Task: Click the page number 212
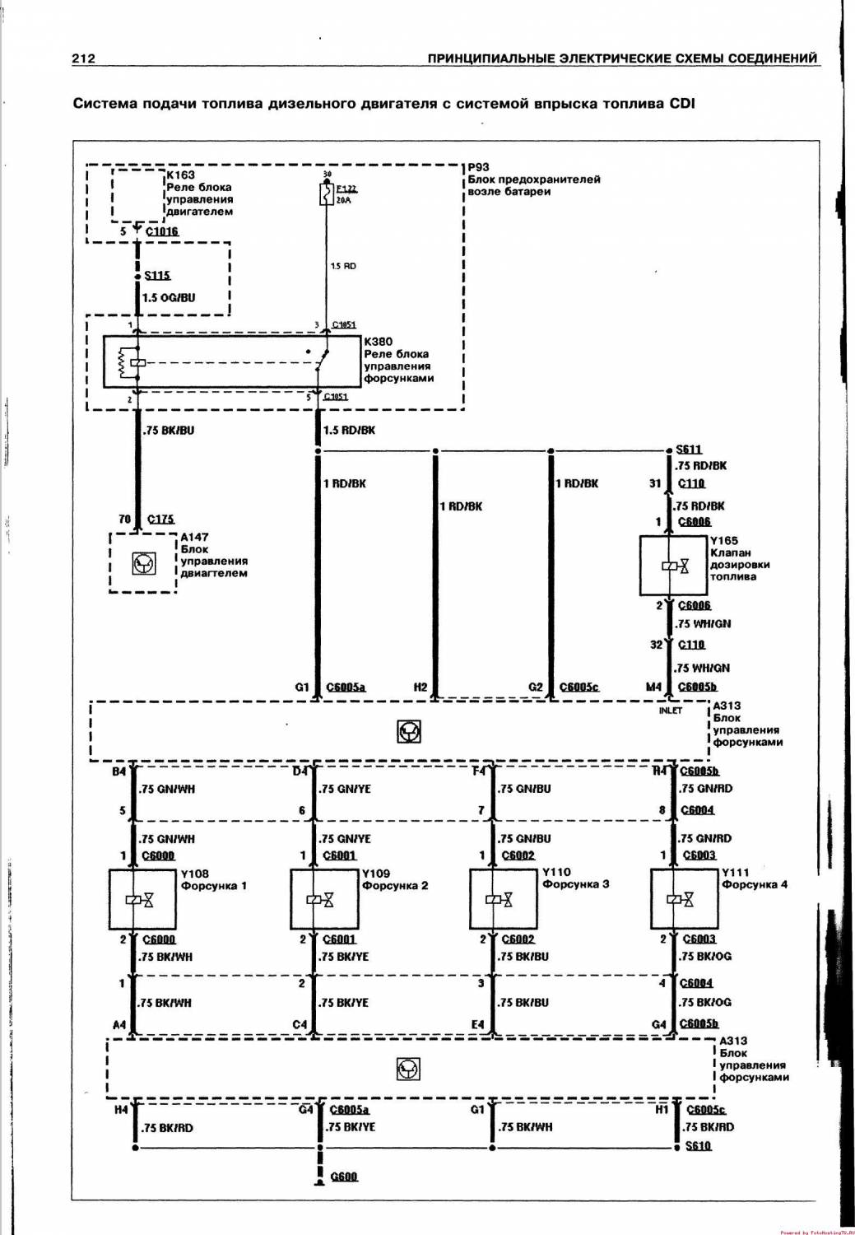click(83, 58)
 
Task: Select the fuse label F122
click(346, 189)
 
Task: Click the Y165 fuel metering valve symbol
click(674, 566)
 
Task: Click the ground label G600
click(344, 1177)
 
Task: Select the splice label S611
click(689, 450)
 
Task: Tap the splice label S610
click(698, 1145)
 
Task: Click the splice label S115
click(157, 276)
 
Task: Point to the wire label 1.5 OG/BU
click(169, 297)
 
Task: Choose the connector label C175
click(160, 519)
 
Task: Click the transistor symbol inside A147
click(144, 564)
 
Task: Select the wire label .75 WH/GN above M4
click(702, 668)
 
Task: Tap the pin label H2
click(420, 687)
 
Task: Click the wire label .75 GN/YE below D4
click(346, 789)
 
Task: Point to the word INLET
click(671, 711)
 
